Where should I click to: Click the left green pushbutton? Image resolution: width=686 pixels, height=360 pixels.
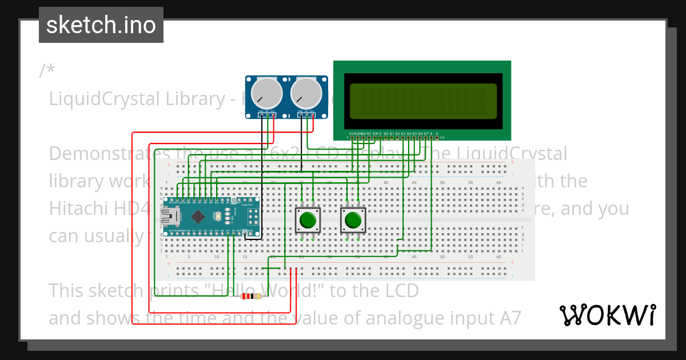click(x=308, y=220)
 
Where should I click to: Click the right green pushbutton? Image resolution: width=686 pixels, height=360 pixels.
click(x=353, y=220)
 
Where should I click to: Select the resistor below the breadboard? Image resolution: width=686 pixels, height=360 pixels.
click(x=252, y=296)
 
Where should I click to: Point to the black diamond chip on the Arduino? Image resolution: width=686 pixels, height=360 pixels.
click(x=198, y=217)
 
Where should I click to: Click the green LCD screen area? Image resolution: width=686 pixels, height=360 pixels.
click(x=422, y=101)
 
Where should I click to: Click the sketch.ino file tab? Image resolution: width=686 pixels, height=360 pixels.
click(x=101, y=25)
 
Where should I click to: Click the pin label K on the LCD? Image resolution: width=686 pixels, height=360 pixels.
click(x=437, y=133)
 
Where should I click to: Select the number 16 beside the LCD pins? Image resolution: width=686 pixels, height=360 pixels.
click(x=442, y=138)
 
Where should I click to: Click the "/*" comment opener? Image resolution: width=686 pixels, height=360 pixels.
click(x=47, y=71)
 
